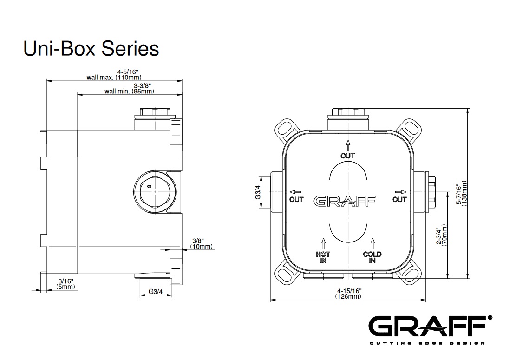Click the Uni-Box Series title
coord(91,49)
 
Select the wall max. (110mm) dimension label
coord(114,75)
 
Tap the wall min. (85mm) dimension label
coord(129,89)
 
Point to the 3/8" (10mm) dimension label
coord(202,244)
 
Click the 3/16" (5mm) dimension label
coord(65,284)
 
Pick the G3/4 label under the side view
coord(156,292)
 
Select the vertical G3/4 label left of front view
coord(258,192)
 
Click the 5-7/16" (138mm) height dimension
coord(462,194)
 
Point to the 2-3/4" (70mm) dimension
coord(442,236)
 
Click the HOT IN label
coord(323,257)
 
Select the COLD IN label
coord(372,257)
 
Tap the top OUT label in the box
coord(348,156)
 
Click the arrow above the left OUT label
coord(295,192)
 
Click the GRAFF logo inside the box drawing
coord(345,201)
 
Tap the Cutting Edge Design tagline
coord(427,343)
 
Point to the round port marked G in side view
coord(155,192)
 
